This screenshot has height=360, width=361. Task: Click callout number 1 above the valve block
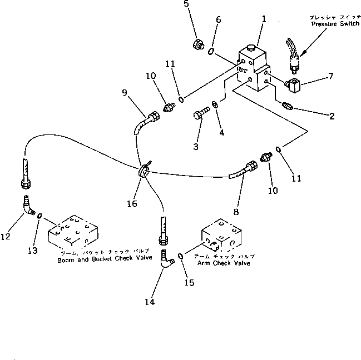tap(263, 18)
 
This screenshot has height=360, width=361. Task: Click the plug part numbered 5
tap(197, 45)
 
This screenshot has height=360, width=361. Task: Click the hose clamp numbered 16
tap(143, 172)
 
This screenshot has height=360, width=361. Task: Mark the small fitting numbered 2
tap(290, 106)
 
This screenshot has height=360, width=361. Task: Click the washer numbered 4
tap(215, 105)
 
